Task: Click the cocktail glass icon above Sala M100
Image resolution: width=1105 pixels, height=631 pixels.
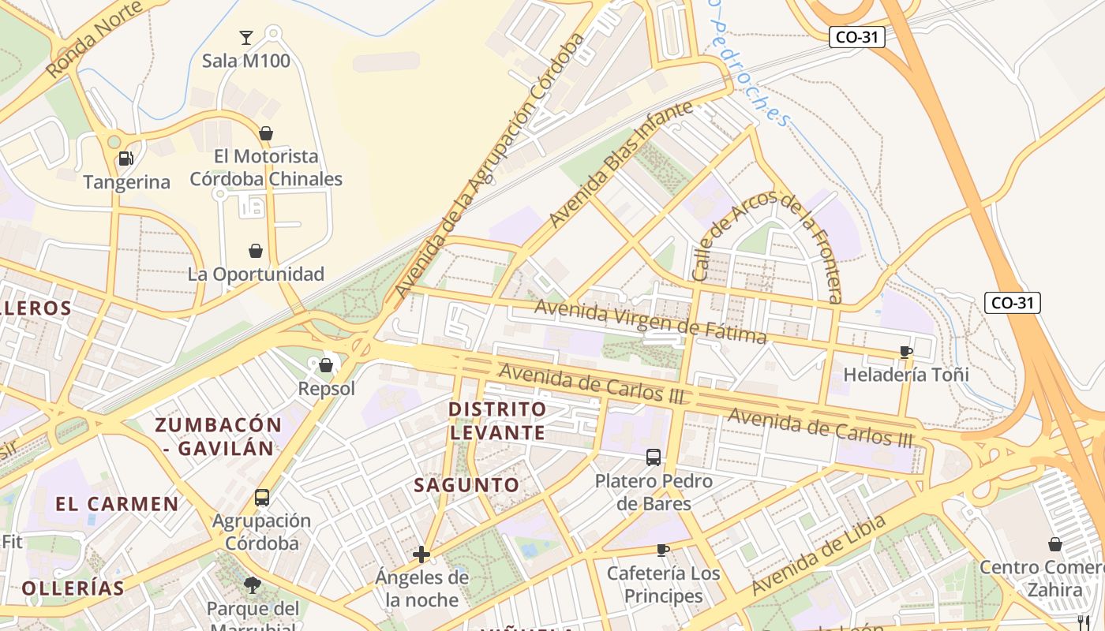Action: pos(246,37)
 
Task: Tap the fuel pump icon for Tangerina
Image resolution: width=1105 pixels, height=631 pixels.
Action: pos(125,159)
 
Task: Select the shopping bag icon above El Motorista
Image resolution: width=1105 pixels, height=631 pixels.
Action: pos(266,133)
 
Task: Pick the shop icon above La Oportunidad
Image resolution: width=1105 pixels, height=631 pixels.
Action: pos(256,251)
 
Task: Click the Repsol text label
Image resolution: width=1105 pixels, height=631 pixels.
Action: pos(326,389)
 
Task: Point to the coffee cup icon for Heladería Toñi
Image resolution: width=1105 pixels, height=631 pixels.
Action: pos(905,352)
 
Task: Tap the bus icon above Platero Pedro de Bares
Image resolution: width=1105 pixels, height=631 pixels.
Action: pos(654,457)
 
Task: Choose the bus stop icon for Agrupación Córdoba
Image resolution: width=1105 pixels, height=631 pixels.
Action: pos(262,498)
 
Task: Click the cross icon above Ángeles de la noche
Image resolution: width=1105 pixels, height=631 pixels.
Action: pos(421,554)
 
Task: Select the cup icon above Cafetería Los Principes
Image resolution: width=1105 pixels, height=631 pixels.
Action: pos(663,550)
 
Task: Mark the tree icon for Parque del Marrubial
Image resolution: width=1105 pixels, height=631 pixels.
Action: pos(253,585)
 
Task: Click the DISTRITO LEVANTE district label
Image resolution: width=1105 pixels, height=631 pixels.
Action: pos(497,420)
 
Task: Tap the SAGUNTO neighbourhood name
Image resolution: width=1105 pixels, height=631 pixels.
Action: pos(466,485)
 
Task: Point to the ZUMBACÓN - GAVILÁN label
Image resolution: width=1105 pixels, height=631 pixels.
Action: pos(218,436)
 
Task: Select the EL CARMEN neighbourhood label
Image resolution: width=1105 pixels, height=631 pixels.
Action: pos(117,504)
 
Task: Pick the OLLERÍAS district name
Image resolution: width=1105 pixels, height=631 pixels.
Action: pos(73,588)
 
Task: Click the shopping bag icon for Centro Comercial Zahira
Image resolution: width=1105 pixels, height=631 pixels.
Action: pos(1054,544)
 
